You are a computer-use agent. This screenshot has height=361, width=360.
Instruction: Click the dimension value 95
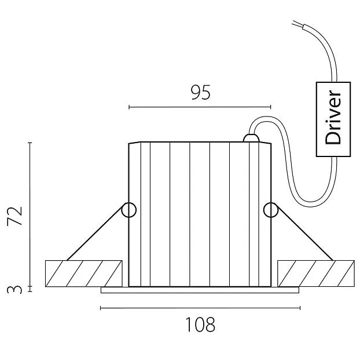click(x=200, y=93)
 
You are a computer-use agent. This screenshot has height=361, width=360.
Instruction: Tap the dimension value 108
click(x=200, y=325)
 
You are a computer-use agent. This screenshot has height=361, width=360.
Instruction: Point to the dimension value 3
click(x=17, y=288)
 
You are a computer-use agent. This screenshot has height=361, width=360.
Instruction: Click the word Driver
click(x=333, y=120)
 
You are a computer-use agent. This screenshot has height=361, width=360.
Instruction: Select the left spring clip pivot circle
click(x=128, y=210)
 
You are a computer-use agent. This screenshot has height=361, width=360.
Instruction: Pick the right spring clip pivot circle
click(x=270, y=210)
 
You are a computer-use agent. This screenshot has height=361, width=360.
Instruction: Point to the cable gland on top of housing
click(x=251, y=139)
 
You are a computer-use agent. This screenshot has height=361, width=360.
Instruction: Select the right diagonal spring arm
click(x=303, y=235)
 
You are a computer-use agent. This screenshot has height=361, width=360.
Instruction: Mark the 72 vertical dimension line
click(x=30, y=214)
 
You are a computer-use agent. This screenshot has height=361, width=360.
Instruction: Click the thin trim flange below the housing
click(x=200, y=290)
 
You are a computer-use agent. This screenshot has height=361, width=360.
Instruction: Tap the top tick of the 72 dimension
click(x=30, y=142)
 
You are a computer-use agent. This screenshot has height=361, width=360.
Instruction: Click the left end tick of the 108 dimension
click(x=101, y=308)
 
